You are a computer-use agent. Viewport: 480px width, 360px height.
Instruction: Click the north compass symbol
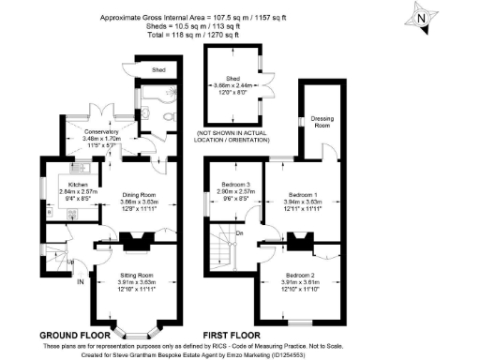click(422, 16)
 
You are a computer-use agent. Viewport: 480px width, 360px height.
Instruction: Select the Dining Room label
click(138, 195)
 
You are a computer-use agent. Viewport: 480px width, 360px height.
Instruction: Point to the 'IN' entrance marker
click(80, 281)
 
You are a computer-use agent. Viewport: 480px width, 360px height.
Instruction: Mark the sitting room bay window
click(137, 328)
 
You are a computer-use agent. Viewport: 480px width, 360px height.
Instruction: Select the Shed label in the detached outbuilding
click(232, 79)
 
